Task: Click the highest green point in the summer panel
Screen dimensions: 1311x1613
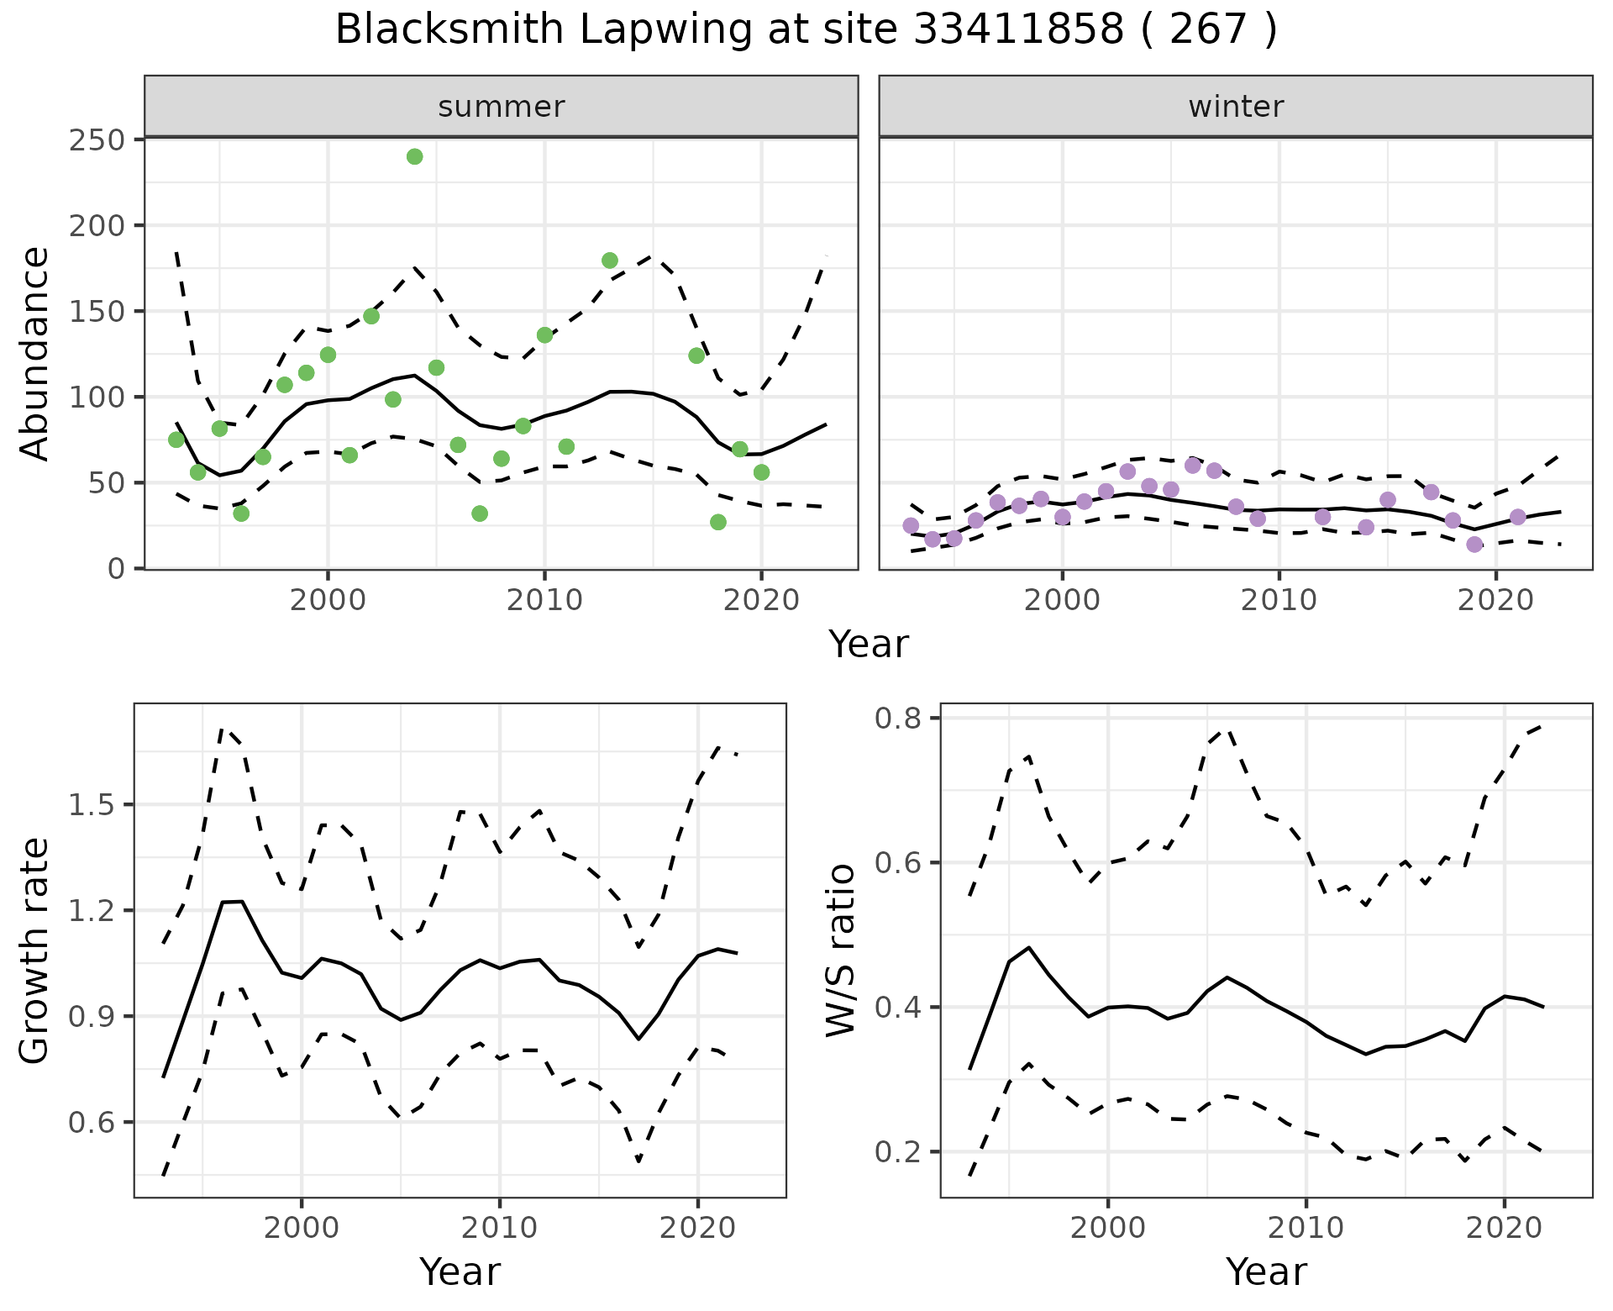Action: pyautogui.click(x=414, y=157)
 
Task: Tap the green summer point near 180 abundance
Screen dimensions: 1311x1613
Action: pyautogui.click(x=610, y=261)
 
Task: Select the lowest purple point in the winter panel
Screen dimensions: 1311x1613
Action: pyautogui.click(x=1474, y=545)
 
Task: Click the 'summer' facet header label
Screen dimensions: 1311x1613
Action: pyautogui.click(x=502, y=107)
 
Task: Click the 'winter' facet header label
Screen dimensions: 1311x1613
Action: pyautogui.click(x=1236, y=107)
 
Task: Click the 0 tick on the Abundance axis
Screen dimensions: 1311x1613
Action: pyautogui.click(x=115, y=569)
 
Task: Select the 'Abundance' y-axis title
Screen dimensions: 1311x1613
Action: pyautogui.click(x=35, y=354)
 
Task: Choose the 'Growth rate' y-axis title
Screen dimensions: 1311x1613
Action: pyautogui.click(x=35, y=951)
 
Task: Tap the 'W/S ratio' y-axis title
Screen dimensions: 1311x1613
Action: pyautogui.click(x=841, y=951)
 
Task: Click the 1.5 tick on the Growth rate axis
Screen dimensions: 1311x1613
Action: pyautogui.click(x=92, y=804)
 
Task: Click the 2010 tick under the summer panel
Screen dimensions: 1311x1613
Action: pyautogui.click(x=544, y=600)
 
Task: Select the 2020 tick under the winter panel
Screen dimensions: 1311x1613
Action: pyautogui.click(x=1495, y=600)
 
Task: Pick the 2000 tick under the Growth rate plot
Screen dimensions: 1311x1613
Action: pyautogui.click(x=302, y=1228)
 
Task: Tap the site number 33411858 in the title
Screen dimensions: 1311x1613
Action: pyautogui.click(x=1018, y=30)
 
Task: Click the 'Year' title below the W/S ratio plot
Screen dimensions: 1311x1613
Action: pyautogui.click(x=1266, y=1272)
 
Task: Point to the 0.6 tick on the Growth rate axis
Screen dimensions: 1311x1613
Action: pyautogui.click(x=92, y=1122)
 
